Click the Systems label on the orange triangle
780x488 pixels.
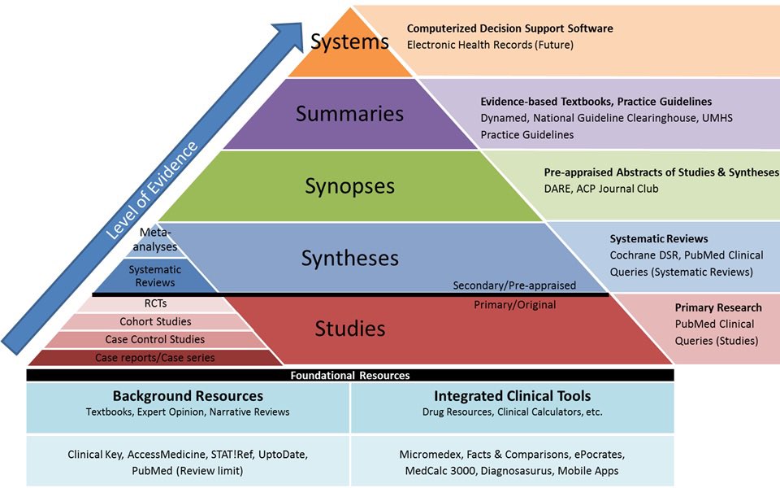pyautogui.click(x=349, y=41)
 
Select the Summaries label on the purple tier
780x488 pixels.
pyautogui.click(x=349, y=114)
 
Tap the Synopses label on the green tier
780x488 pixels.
pyautogui.click(x=349, y=186)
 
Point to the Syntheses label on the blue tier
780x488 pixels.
pyautogui.click(x=349, y=259)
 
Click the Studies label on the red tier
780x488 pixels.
pyautogui.click(x=349, y=329)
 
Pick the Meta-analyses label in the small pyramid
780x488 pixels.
pyautogui.click(x=155, y=239)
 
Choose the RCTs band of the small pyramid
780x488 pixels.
pyautogui.click(x=155, y=303)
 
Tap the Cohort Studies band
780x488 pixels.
pyautogui.click(x=155, y=322)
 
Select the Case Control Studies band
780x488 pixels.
pyautogui.click(x=154, y=340)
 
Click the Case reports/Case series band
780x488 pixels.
pyautogui.click(x=154, y=358)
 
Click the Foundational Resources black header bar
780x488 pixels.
pyautogui.click(x=350, y=375)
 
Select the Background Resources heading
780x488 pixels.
pyautogui.click(x=188, y=396)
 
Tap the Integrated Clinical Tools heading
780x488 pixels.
pyautogui.click(x=513, y=396)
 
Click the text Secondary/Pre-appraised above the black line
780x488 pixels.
pyautogui.click(x=514, y=285)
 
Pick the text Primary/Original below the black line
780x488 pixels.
pyautogui.click(x=515, y=305)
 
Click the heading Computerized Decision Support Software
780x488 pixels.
pyautogui.click(x=510, y=28)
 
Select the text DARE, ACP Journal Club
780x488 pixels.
pyautogui.click(x=601, y=189)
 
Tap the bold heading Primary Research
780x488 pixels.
pyautogui.click(x=718, y=307)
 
